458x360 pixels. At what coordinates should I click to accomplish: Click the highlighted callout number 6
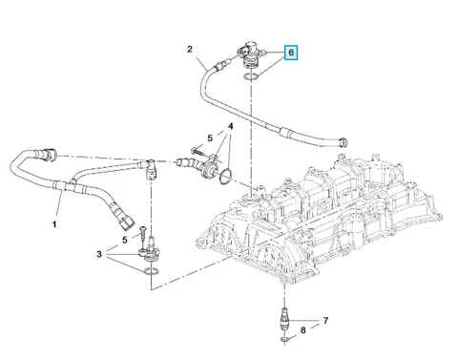[x=291, y=53]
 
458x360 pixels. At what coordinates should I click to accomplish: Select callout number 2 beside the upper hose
[x=190, y=50]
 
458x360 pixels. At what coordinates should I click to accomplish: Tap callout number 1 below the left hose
[x=54, y=224]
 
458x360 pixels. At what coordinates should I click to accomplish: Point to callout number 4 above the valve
[x=230, y=126]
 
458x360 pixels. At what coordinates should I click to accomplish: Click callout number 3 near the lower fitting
[x=99, y=254]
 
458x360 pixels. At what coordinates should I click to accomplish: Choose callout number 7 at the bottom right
[x=325, y=320]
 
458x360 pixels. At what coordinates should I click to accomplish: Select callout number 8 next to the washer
[x=302, y=330]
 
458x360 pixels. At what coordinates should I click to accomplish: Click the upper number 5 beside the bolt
[x=210, y=138]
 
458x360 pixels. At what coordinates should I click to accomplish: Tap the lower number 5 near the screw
[x=125, y=240]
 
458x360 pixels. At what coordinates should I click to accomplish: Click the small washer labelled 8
[x=284, y=340]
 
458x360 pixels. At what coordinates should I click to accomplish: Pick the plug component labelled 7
[x=284, y=319]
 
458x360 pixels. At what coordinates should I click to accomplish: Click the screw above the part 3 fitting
[x=144, y=238]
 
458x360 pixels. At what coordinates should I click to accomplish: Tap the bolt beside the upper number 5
[x=198, y=151]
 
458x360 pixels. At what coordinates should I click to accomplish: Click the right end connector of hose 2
[x=343, y=142]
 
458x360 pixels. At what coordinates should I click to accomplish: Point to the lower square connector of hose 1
[x=126, y=222]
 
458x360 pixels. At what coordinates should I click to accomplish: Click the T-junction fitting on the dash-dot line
[x=151, y=169]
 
